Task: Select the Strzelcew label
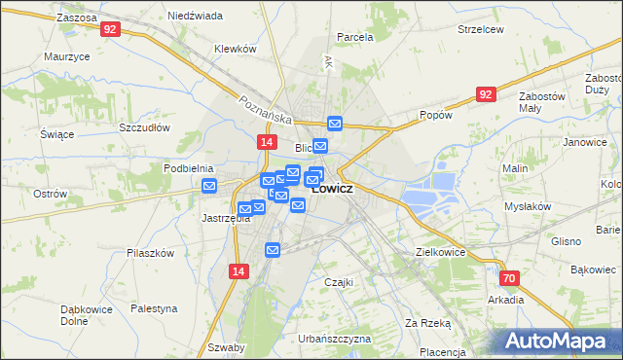coord(480,29)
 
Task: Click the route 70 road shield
coord(510,278)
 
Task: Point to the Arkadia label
coord(506,300)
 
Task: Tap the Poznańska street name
coord(266,109)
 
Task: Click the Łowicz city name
coord(333,188)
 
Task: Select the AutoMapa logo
coord(559,341)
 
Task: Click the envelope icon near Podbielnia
coord(208,186)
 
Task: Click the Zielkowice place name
coord(440,252)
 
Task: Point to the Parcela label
coord(354,37)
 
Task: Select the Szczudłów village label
coord(145,127)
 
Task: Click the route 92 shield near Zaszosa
coord(110,29)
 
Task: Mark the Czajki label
coord(338,281)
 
